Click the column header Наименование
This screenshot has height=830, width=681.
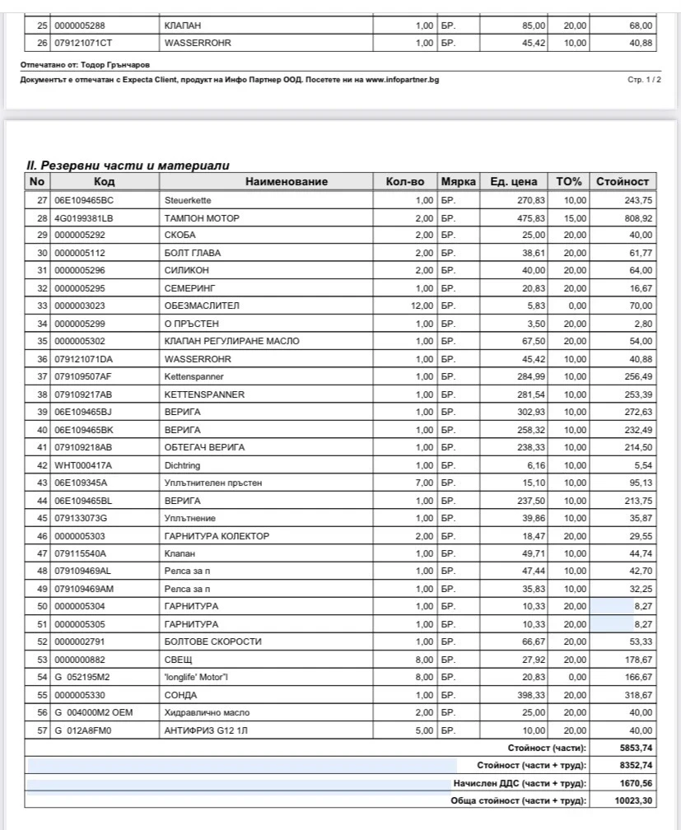click(287, 181)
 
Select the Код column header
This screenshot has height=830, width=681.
click(105, 181)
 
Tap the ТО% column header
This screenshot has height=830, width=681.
click(569, 181)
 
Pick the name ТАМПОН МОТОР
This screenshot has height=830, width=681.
click(202, 218)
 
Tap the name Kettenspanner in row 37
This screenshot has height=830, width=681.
click(194, 376)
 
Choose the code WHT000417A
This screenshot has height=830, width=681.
click(82, 465)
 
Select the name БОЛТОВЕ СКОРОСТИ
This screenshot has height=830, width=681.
click(212, 641)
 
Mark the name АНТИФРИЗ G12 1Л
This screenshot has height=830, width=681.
click(206, 730)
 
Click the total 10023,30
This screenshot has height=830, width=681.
click(635, 800)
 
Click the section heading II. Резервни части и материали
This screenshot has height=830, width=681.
click(128, 166)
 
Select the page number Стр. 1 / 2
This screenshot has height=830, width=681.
click(644, 80)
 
